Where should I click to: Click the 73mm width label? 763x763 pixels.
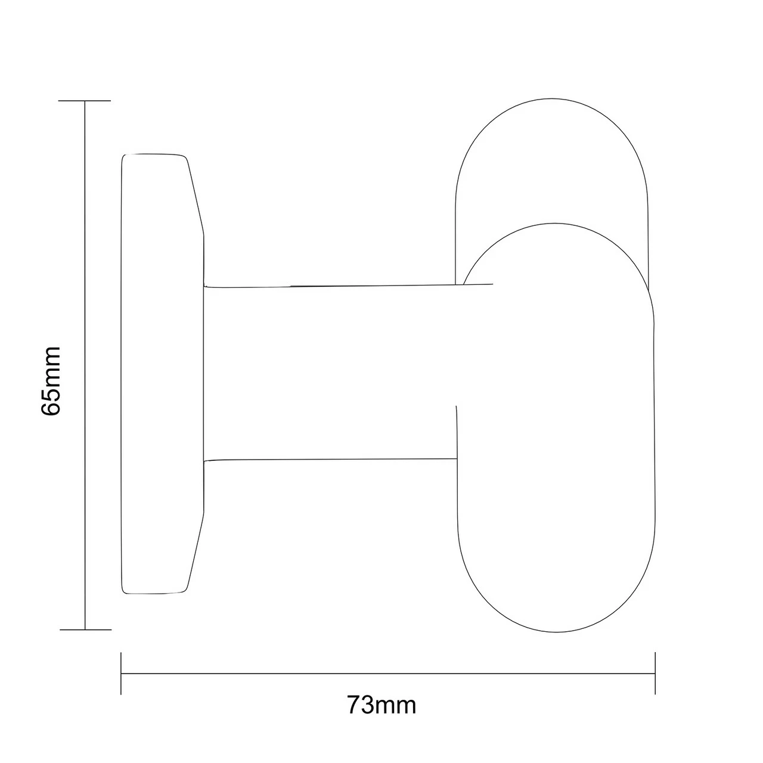tap(381, 706)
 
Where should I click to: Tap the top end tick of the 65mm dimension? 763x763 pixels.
tap(85, 101)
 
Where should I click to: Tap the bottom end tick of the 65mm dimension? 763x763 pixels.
tap(85, 629)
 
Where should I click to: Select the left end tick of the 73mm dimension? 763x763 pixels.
tap(121, 674)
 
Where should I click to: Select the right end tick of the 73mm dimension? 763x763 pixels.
tap(655, 674)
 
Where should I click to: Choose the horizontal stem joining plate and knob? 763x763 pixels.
tap(328, 373)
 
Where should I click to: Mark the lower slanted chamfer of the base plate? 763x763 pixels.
tap(196, 551)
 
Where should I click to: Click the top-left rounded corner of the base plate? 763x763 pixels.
tap(125, 158)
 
